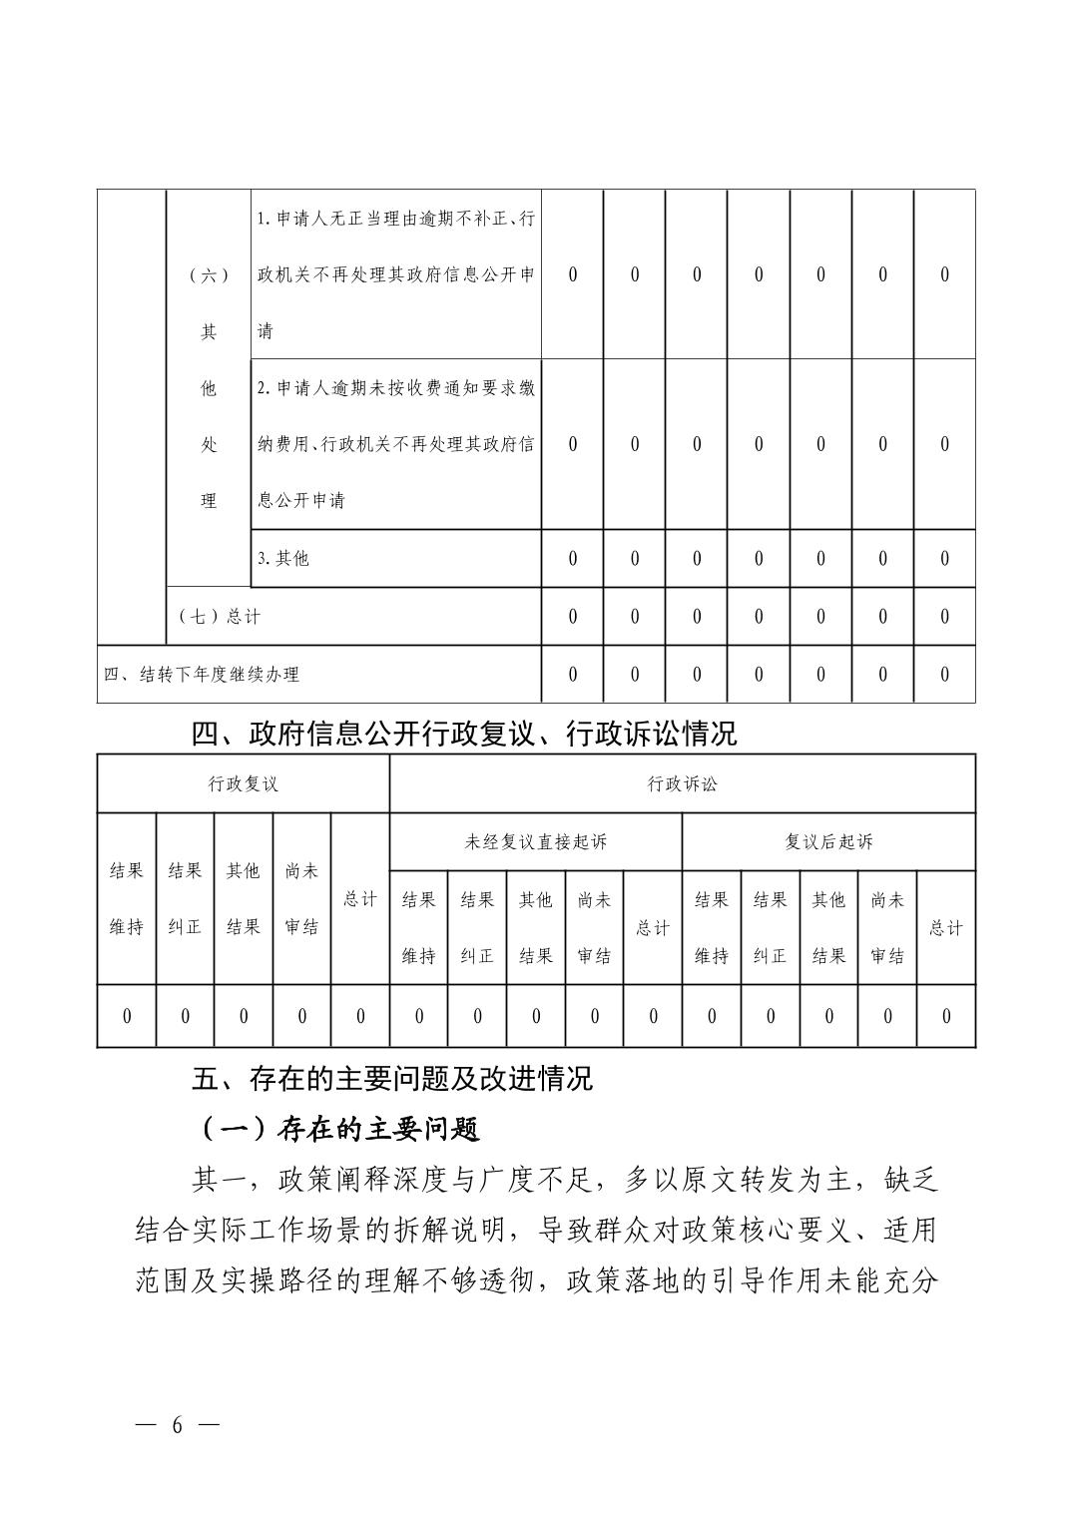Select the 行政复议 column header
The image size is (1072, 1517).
click(x=243, y=784)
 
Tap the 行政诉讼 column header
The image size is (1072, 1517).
click(x=682, y=784)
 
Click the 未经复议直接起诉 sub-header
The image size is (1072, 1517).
click(x=535, y=842)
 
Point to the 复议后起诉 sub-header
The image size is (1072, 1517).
click(x=828, y=842)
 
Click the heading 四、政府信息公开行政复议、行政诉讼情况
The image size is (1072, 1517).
click(x=464, y=735)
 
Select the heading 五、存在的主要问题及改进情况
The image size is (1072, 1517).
click(x=392, y=1078)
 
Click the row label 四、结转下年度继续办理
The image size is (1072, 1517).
click(x=202, y=675)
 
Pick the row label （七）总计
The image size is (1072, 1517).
click(x=219, y=617)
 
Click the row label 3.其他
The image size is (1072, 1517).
click(x=283, y=559)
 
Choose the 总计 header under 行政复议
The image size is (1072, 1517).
click(x=360, y=899)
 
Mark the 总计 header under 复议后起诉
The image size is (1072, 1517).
click(x=945, y=928)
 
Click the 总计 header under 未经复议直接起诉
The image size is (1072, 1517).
click(x=653, y=928)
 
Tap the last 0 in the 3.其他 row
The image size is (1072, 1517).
click(x=944, y=559)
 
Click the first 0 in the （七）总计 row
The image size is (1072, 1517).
click(x=572, y=617)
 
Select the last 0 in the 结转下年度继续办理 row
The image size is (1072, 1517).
click(x=944, y=675)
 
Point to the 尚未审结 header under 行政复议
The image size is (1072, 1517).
click(x=301, y=899)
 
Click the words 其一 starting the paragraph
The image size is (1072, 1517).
click(x=217, y=1182)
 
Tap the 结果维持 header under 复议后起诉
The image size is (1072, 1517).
click(x=711, y=928)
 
